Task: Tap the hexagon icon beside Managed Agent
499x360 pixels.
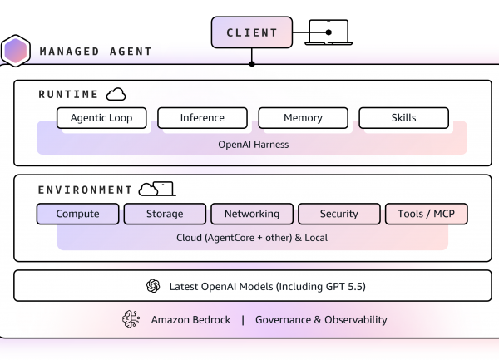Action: click(15, 52)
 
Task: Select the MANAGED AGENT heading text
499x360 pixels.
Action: click(96, 52)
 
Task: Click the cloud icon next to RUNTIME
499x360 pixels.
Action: click(116, 94)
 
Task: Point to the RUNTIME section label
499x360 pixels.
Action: click(68, 95)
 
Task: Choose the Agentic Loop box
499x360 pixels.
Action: click(101, 118)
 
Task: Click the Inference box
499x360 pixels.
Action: click(202, 118)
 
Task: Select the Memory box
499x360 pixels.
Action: click(303, 118)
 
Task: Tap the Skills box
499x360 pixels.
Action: click(403, 118)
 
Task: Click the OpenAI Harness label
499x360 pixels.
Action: click(252, 143)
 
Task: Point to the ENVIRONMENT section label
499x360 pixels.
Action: click(85, 190)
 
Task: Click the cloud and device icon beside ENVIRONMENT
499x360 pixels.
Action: click(156, 190)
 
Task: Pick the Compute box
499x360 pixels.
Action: click(78, 214)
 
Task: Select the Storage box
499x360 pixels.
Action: click(165, 214)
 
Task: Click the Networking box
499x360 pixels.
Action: click(252, 214)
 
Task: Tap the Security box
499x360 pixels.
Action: click(339, 214)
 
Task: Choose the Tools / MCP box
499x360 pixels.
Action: click(426, 214)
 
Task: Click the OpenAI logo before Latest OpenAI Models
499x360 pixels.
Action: click(153, 286)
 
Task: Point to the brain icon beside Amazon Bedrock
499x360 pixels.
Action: click(131, 320)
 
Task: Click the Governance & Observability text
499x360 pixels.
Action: click(321, 320)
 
